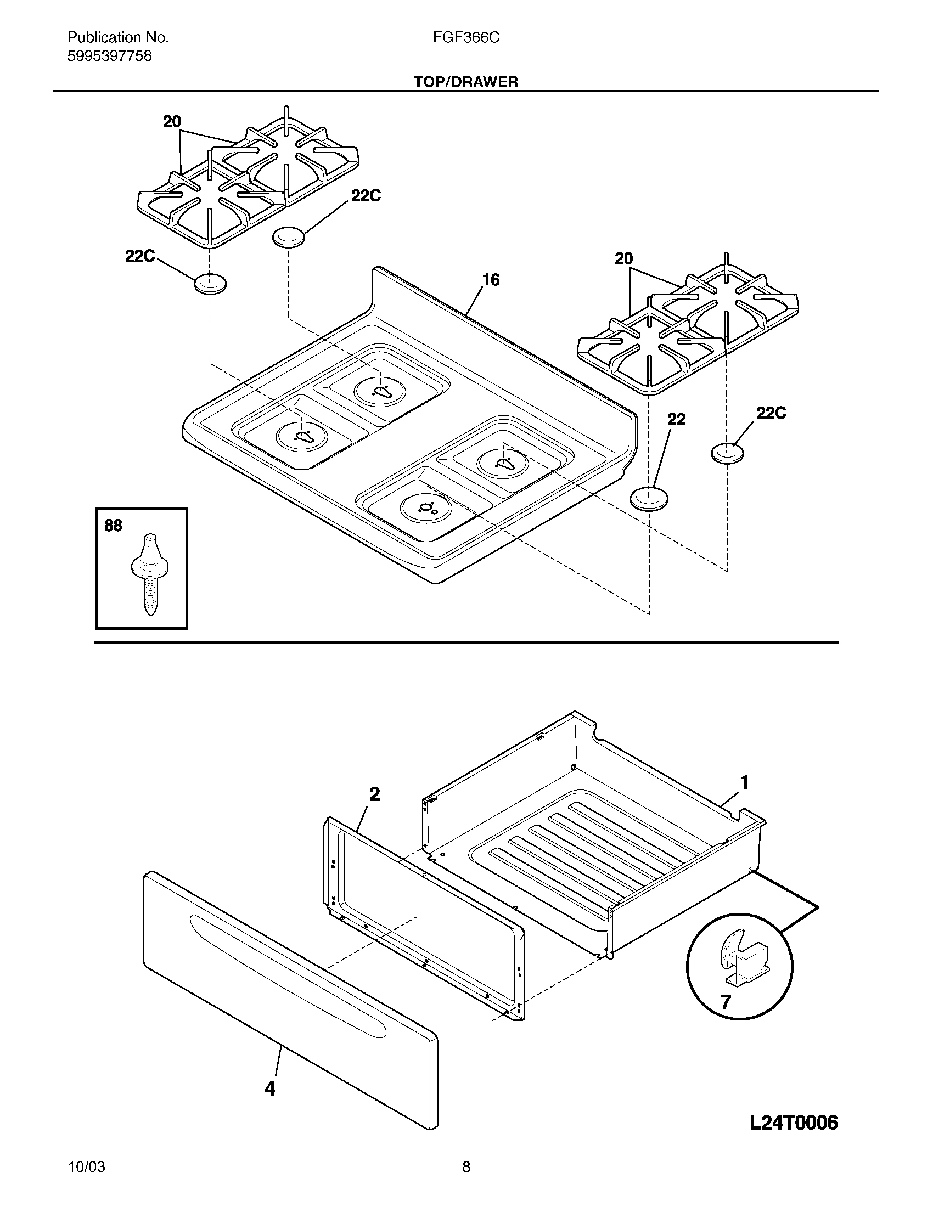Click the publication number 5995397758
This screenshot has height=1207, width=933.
(x=109, y=57)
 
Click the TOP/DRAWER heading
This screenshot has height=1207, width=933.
(x=466, y=82)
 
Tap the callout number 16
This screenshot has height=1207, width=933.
(x=490, y=280)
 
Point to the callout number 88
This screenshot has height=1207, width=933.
(x=113, y=526)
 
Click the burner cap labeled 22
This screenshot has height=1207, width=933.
(x=649, y=499)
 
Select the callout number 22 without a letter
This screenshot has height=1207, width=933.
(x=676, y=420)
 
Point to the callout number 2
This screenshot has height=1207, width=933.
(x=374, y=795)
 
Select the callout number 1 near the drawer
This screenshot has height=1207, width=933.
(x=745, y=782)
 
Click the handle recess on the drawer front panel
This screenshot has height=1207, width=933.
(x=288, y=975)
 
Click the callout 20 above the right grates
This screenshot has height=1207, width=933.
(x=623, y=258)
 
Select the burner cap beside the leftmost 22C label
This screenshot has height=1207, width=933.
(x=210, y=284)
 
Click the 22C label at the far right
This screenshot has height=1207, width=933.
(x=771, y=413)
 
